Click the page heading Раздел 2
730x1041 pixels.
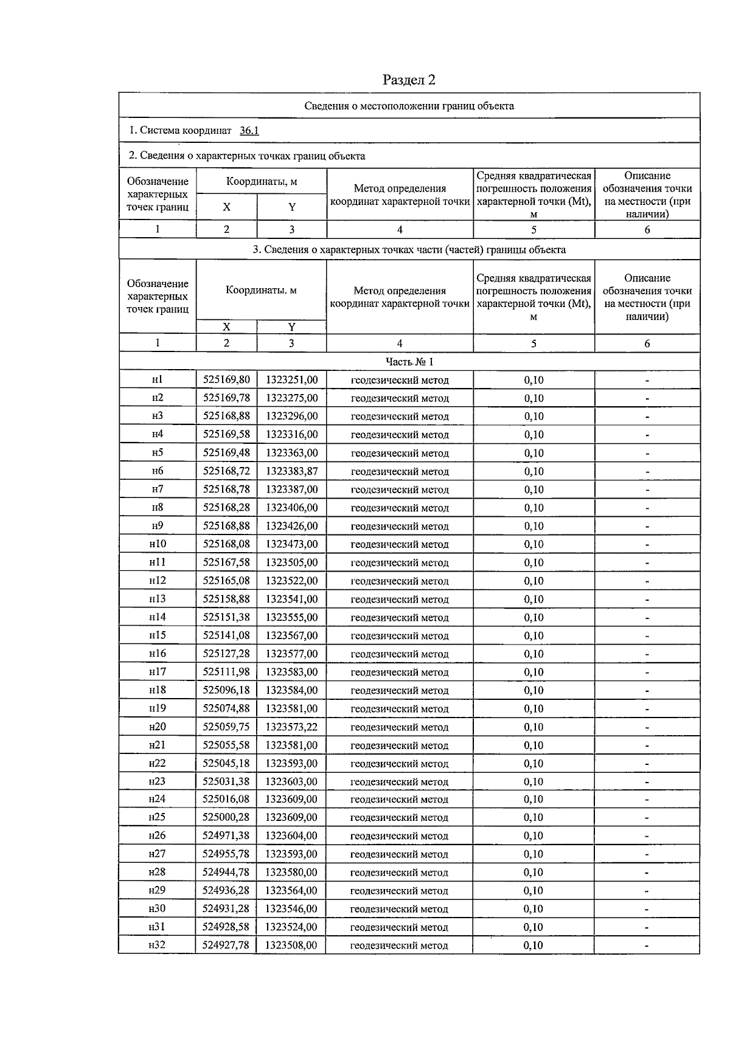point(409,80)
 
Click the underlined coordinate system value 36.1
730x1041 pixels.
point(249,130)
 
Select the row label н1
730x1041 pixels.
point(157,379)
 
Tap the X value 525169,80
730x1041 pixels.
point(226,379)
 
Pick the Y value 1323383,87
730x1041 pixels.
point(291,471)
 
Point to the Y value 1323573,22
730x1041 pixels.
point(291,727)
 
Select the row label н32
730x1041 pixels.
point(157,945)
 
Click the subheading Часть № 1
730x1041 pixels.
point(409,362)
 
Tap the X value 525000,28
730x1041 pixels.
point(226,817)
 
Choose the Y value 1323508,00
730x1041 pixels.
point(291,945)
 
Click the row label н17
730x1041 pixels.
point(157,671)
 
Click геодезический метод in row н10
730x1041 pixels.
point(400,544)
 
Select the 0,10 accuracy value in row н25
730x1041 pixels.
point(534,817)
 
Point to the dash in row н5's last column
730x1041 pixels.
point(647,453)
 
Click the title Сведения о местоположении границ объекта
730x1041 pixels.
point(409,106)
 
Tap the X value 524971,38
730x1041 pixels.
point(226,835)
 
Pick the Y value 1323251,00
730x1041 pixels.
point(291,379)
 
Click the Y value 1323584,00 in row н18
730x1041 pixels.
point(291,690)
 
